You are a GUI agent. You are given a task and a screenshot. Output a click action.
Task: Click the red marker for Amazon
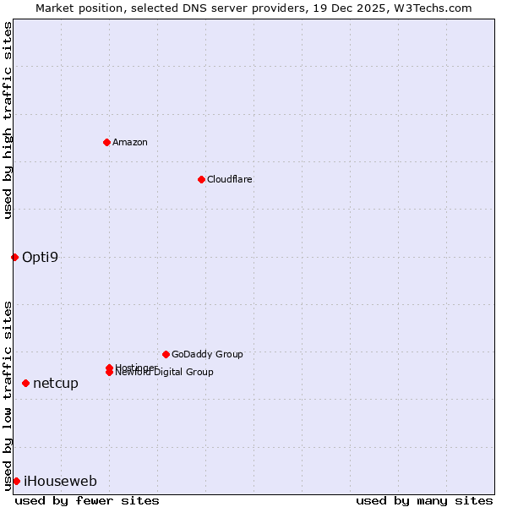pyautogui.click(x=106, y=142)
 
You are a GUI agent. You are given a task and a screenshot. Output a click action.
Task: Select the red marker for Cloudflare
pyautogui.click(x=201, y=179)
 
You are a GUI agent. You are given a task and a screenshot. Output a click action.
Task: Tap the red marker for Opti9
pyautogui.click(x=14, y=257)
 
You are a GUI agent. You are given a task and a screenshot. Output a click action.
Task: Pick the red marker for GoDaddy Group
pyautogui.click(x=166, y=354)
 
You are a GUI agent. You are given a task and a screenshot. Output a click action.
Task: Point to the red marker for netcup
pyautogui.click(x=25, y=383)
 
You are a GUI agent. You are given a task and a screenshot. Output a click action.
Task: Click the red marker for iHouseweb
pyautogui.click(x=16, y=481)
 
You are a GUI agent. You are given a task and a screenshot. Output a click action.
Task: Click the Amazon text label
pyautogui.click(x=130, y=142)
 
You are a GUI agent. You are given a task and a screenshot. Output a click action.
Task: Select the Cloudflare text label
pyautogui.click(x=230, y=179)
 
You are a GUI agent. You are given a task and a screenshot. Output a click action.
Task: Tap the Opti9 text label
pyautogui.click(x=41, y=257)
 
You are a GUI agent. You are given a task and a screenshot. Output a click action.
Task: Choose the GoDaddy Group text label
pyautogui.click(x=207, y=354)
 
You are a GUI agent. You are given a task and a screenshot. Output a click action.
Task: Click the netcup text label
pyautogui.click(x=56, y=383)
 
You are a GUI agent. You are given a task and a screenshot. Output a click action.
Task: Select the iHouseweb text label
pyautogui.click(x=60, y=482)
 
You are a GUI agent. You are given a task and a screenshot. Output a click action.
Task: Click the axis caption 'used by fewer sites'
pyautogui.click(x=87, y=500)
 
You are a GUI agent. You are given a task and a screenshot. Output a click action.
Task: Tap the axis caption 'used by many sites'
pyautogui.click(x=424, y=500)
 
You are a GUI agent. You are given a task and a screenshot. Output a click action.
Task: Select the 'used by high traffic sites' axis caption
pyautogui.click(x=8, y=120)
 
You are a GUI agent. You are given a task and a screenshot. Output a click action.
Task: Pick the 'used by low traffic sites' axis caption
pyautogui.click(x=8, y=395)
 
